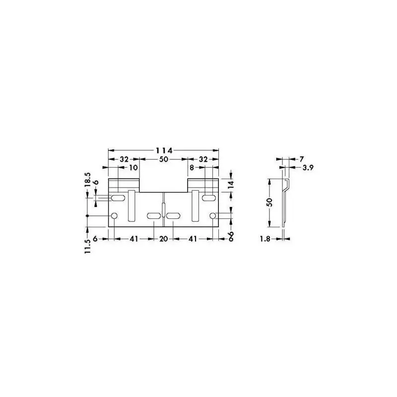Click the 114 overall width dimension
[x=164, y=151]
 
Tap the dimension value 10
[x=133, y=168]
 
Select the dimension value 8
[x=192, y=168]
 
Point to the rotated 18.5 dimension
[x=88, y=180]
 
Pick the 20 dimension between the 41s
[x=164, y=239]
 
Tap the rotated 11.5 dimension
[x=88, y=246]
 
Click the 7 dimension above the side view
[x=301, y=159]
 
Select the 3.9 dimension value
[x=308, y=168]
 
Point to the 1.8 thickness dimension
[x=265, y=239]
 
